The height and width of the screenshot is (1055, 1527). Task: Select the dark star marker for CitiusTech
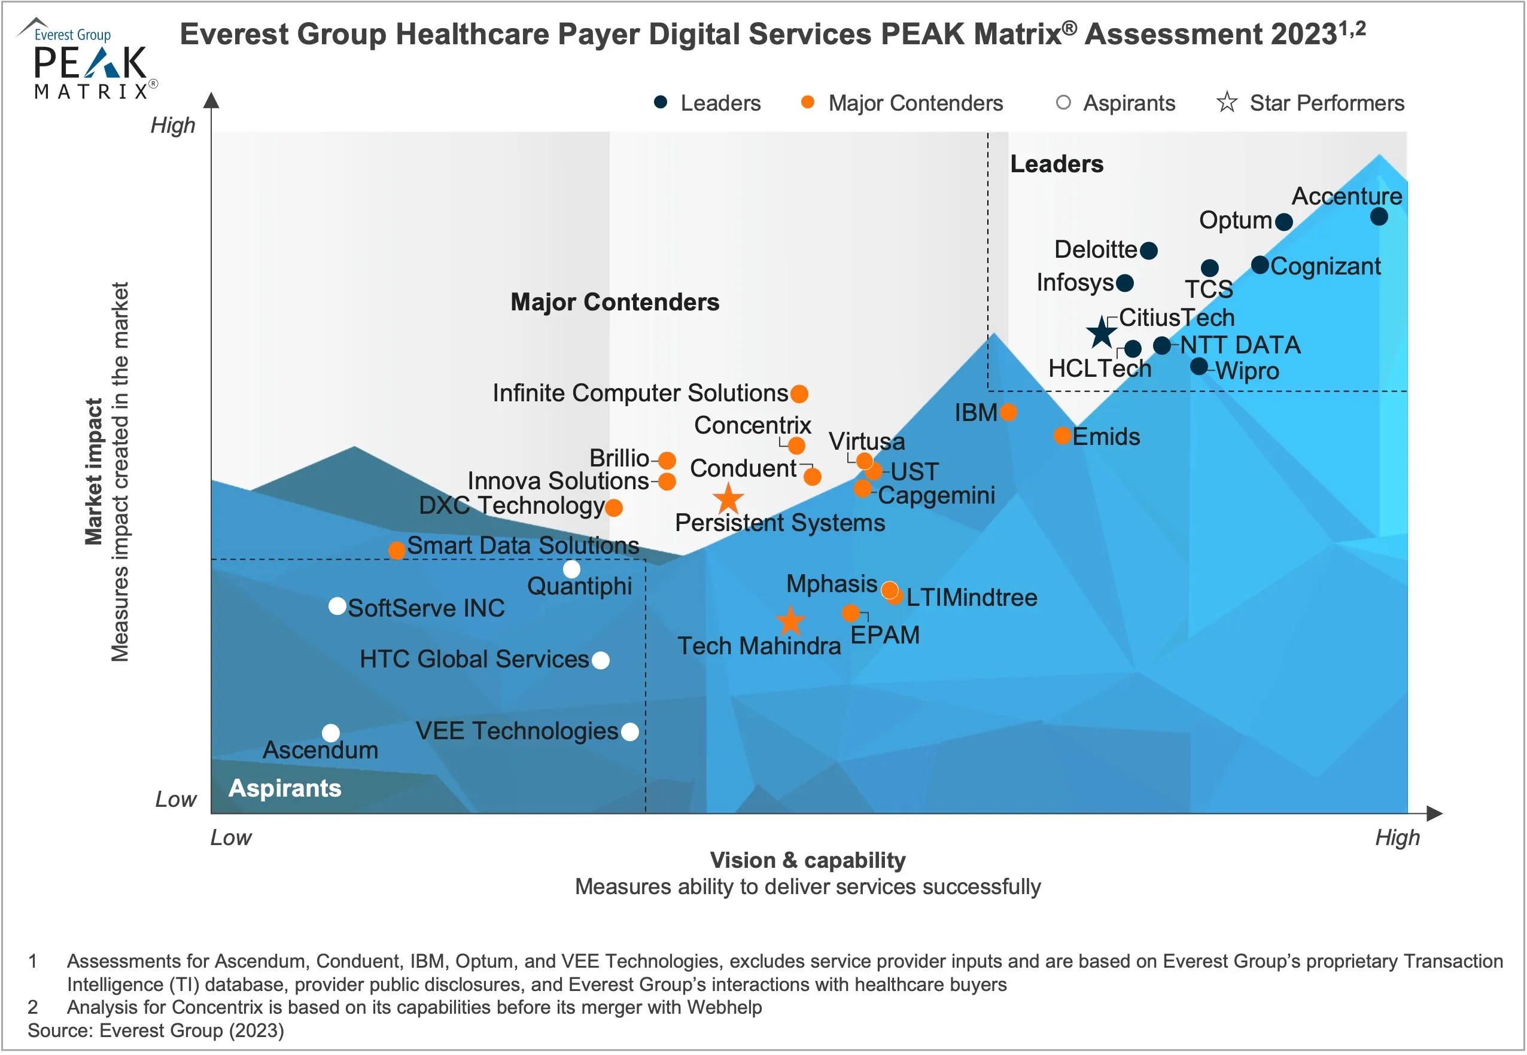pyautogui.click(x=1102, y=333)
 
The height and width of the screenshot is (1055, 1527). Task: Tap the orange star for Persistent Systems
pyautogui.click(x=728, y=498)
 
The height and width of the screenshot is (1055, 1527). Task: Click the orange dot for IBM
pyautogui.click(x=1008, y=413)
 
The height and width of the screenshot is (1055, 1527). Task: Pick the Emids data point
pyautogui.click(x=1062, y=435)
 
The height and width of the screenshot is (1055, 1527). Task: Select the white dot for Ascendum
pyautogui.click(x=331, y=733)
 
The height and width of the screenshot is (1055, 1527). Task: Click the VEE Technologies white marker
pyautogui.click(x=630, y=732)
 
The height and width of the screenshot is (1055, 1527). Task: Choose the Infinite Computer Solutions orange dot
pyautogui.click(x=799, y=394)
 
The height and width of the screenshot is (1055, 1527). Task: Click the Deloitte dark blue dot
pyautogui.click(x=1149, y=251)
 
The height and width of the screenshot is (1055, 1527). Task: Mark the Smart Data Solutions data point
pyautogui.click(x=397, y=550)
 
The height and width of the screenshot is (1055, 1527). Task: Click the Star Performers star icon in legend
pyautogui.click(x=1227, y=102)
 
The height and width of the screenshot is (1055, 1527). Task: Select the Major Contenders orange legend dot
pyautogui.click(x=807, y=102)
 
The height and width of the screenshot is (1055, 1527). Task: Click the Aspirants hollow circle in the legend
pyautogui.click(x=1063, y=102)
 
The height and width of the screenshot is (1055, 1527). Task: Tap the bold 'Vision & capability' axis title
pyautogui.click(x=807, y=860)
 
